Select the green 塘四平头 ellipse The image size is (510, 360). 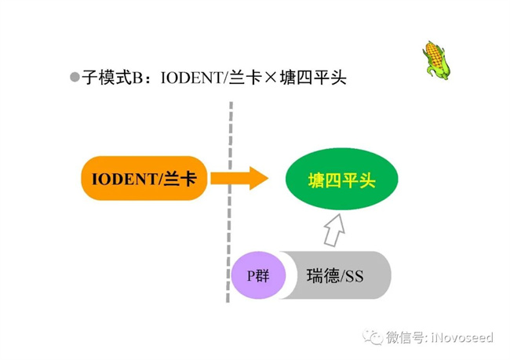pyautogui.click(x=341, y=180)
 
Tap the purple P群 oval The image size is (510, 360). pyautogui.click(x=257, y=275)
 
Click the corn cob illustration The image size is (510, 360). pyautogui.click(x=436, y=59)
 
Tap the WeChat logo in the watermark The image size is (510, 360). pyautogui.click(x=372, y=337)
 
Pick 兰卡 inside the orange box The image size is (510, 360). pyautogui.click(x=180, y=179)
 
